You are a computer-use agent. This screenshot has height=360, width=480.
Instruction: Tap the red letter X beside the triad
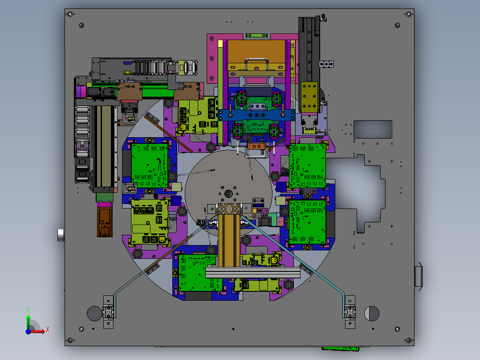[48, 330]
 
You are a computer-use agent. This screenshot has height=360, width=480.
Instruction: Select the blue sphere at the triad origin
[28, 331]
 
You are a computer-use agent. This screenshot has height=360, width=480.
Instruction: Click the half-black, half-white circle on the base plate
[372, 313]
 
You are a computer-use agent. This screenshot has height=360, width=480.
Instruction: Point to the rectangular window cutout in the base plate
[373, 129]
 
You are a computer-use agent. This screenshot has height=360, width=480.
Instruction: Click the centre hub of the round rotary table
[228, 194]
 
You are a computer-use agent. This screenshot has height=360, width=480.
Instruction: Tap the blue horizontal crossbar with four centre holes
[256, 115]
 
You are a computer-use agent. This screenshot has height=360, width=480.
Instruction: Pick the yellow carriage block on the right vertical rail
[309, 97]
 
